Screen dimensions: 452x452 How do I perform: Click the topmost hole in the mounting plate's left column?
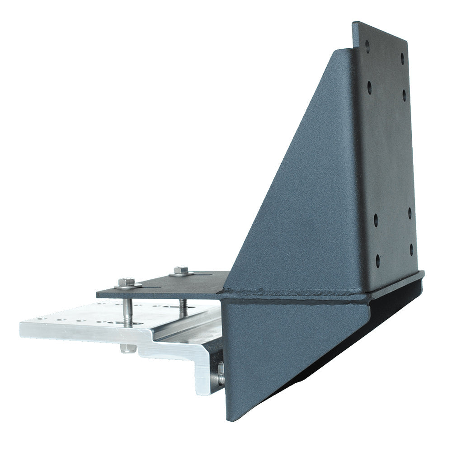pos(367,45)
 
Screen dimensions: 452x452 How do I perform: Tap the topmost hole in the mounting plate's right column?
pos(402,57)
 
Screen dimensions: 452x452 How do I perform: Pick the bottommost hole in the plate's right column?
pos(411,248)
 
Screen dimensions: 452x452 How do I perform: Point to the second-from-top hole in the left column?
pos(369,86)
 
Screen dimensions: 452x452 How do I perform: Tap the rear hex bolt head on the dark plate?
pos(180,270)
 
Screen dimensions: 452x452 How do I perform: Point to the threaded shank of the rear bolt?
pos(183,308)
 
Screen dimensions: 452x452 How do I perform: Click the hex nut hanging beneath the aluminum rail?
pos(128,348)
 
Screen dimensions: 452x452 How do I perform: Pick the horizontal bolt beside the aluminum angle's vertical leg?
pos(221,374)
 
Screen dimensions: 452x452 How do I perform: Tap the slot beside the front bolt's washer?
pos(146,287)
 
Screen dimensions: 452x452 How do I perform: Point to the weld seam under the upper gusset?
pos(294,295)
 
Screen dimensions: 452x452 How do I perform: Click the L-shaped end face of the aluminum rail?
pos(190,357)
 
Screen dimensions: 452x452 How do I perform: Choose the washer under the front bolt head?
pos(127,286)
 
